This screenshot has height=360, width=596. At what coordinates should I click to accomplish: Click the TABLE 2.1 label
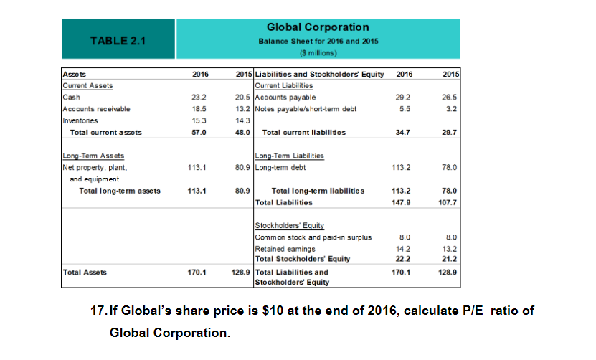(118, 40)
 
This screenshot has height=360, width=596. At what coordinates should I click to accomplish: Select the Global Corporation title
(317, 27)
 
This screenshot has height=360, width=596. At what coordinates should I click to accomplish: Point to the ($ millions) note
(317, 52)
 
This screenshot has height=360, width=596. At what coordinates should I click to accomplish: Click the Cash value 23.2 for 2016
(200, 97)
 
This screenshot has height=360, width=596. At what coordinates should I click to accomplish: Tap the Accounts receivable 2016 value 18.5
(200, 108)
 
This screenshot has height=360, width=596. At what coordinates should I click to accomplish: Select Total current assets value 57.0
(200, 132)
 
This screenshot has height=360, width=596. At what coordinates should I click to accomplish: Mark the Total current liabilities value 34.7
(404, 132)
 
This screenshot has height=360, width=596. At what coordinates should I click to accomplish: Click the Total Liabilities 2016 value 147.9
(404, 202)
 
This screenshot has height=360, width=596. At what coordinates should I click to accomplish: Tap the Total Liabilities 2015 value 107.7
(449, 202)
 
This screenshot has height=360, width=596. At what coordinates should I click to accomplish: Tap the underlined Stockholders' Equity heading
(285, 225)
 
